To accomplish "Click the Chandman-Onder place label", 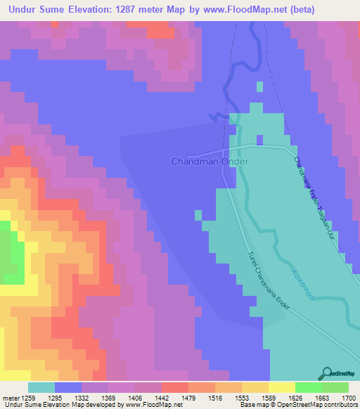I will point(210,161).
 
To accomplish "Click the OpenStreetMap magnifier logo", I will point(326,373).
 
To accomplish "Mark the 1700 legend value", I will point(349,397).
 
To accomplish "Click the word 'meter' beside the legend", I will point(9,397).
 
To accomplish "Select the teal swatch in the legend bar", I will point(41,387).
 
